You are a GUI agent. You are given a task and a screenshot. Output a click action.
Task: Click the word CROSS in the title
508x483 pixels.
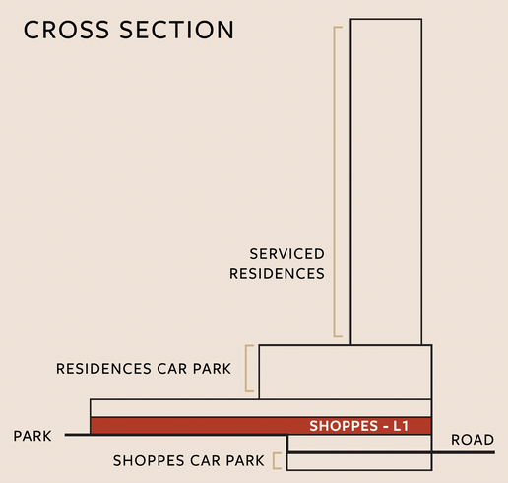66,30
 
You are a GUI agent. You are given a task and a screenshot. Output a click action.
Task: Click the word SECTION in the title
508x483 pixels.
176,30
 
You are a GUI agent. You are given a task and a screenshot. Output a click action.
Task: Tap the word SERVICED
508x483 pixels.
286,254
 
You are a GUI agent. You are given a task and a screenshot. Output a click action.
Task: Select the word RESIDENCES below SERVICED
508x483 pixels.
277,273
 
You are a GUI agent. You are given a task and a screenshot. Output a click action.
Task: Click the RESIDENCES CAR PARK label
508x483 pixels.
144,369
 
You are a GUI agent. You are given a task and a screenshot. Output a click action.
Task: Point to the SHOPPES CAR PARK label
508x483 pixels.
189,460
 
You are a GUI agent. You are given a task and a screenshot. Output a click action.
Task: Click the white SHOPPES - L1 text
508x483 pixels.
359,426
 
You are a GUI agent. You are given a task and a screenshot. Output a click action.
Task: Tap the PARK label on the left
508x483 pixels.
32,436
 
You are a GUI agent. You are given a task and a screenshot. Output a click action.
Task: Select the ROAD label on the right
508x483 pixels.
473,440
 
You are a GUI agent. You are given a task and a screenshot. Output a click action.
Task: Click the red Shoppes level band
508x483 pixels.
261,426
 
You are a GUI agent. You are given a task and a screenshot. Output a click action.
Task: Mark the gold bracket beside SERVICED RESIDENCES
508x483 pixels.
335,181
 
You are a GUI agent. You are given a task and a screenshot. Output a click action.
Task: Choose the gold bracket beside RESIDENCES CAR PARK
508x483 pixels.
246,369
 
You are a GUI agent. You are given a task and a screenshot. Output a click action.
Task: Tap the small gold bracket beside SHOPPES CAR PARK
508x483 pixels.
274,460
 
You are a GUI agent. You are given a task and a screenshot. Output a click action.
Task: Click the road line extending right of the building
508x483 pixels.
464,452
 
